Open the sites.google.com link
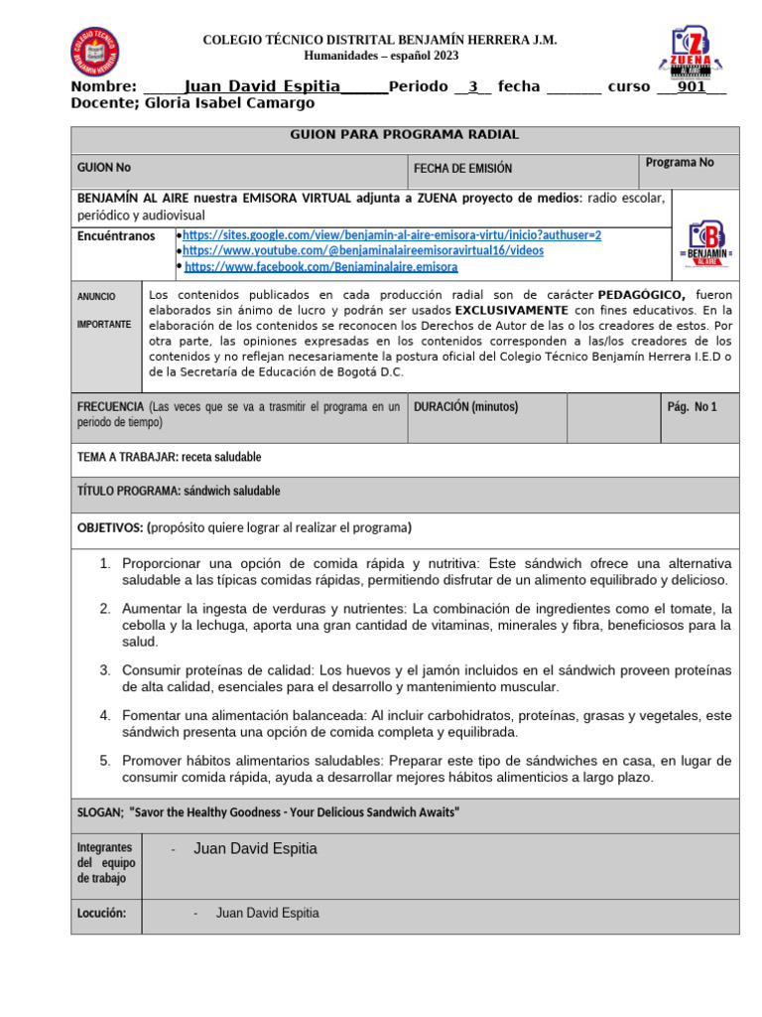click(392, 235)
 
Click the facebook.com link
click(320, 267)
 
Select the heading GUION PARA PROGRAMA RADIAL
click(404, 135)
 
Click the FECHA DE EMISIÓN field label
click(462, 169)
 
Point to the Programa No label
click(679, 163)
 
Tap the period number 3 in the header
click(473, 86)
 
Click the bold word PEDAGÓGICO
click(641, 295)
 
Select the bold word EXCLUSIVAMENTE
click(512, 310)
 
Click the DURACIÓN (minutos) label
click(465, 406)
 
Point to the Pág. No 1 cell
click(692, 406)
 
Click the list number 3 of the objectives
click(104, 670)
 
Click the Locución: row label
click(101, 914)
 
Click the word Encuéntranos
click(116, 236)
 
